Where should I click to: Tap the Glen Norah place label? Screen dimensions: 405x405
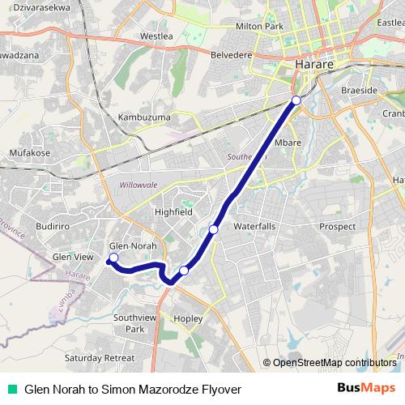[132, 245]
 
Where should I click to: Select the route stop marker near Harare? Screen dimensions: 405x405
[296, 100]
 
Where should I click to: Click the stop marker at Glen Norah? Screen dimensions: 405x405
[113, 258]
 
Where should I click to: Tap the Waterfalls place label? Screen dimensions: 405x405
[254, 228]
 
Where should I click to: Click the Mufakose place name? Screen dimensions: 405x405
[30, 151]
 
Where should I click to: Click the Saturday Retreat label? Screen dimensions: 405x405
[100, 357]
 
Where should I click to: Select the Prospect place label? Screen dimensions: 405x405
[337, 226]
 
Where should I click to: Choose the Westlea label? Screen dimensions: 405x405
[156, 36]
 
